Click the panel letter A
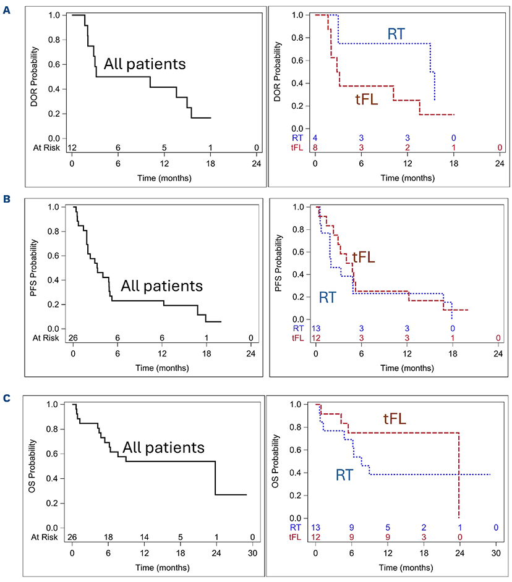(7, 9)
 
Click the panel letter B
(7, 201)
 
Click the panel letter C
(7, 399)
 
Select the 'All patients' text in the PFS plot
(161, 286)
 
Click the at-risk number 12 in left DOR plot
(72, 146)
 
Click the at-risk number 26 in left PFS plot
(73, 337)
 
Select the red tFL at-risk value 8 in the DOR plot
(315, 146)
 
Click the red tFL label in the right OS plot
(394, 420)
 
